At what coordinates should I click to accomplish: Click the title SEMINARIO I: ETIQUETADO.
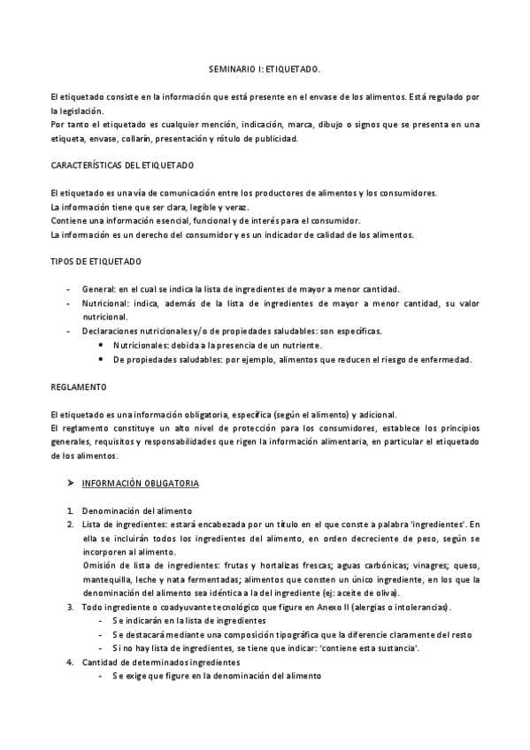coord(265,67)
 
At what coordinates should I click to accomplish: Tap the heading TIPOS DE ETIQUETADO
coord(94,262)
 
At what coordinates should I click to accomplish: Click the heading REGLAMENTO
coord(79,386)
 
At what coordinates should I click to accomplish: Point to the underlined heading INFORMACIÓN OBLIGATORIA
coord(141,484)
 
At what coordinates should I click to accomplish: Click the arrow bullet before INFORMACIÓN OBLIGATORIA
coord(70,484)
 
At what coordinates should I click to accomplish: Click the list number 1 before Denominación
coord(70,511)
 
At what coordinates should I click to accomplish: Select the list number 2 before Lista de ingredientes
coord(70,524)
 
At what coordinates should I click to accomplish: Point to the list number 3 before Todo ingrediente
coord(70,608)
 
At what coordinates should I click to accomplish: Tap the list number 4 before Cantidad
coord(70,662)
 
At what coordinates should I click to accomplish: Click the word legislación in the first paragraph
coord(77,111)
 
